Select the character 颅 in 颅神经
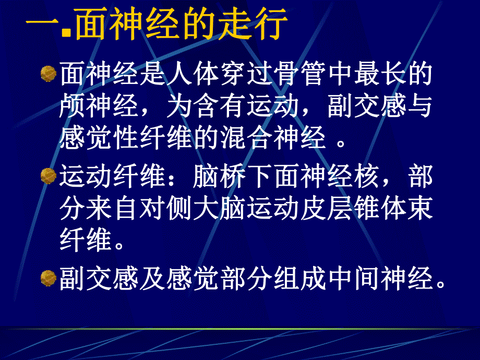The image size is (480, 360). [x=74, y=107]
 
